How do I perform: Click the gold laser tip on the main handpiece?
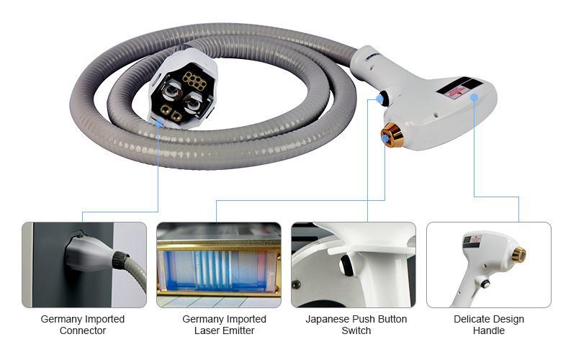(392, 135)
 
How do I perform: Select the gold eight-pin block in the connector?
(194, 81)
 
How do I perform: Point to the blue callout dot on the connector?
(158, 124)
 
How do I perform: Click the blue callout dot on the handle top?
(474, 97)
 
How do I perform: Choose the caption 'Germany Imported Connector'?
(83, 325)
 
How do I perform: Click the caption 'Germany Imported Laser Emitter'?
(224, 325)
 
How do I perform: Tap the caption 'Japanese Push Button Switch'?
(356, 325)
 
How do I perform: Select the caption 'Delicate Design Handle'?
(489, 325)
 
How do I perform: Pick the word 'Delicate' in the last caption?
(469, 319)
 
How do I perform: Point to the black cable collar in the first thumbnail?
(120, 258)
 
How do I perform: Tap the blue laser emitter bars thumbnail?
(219, 264)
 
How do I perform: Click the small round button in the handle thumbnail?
(485, 284)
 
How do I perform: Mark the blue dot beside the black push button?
(379, 99)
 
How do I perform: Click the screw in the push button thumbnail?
(295, 284)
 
